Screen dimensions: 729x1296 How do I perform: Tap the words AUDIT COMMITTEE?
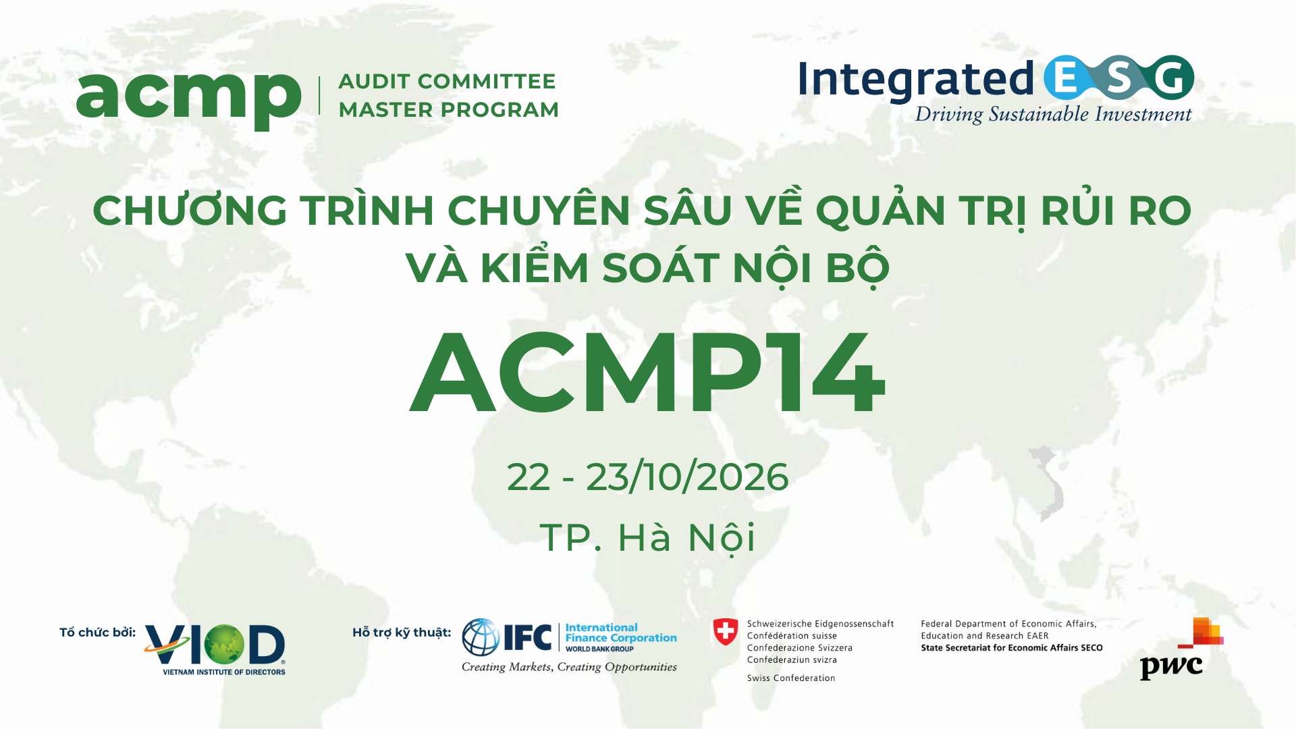447,82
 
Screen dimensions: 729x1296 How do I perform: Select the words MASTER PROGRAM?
449,110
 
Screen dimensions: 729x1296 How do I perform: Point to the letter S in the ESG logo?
1118,78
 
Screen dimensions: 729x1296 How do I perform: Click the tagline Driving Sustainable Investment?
1053,115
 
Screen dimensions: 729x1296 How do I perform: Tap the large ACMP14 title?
647,373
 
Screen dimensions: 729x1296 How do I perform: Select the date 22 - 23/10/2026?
647,477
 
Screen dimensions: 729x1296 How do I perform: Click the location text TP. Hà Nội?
647,538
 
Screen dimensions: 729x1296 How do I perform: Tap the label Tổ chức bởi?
97,632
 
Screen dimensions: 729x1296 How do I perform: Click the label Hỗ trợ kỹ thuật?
402,632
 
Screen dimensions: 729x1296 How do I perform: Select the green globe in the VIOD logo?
224,644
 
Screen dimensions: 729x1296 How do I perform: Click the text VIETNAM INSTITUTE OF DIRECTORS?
224,672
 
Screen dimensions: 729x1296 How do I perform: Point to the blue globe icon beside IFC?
481,637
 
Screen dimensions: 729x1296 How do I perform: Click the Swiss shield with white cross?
726,632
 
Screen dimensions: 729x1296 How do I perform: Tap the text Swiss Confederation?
791,678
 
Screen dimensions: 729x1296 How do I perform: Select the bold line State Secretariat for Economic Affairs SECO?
1012,648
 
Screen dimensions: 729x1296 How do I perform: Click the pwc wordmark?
1171,668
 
